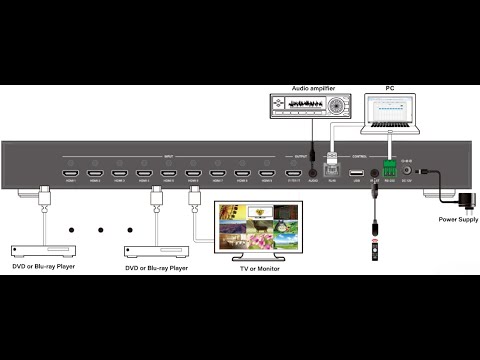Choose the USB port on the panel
[x=356, y=172]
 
